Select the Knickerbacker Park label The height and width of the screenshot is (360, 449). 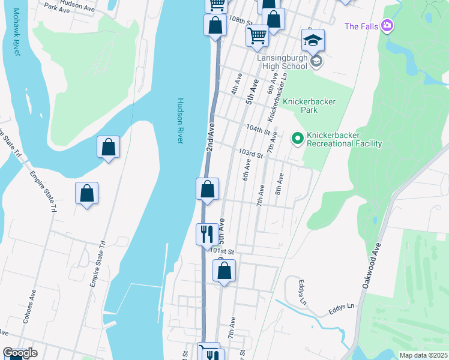pos(309,106)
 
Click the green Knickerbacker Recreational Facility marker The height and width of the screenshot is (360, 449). pos(297,139)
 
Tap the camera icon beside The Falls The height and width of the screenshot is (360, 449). pos(387,25)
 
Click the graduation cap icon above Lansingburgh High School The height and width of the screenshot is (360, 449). pos(313,40)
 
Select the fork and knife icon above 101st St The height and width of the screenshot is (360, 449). pos(207,233)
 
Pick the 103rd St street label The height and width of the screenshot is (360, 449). pos(251,154)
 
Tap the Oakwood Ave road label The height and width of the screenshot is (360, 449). pos(372,266)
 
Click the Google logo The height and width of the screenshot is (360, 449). pos(20,353)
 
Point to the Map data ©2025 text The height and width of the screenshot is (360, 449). pos(423,355)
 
